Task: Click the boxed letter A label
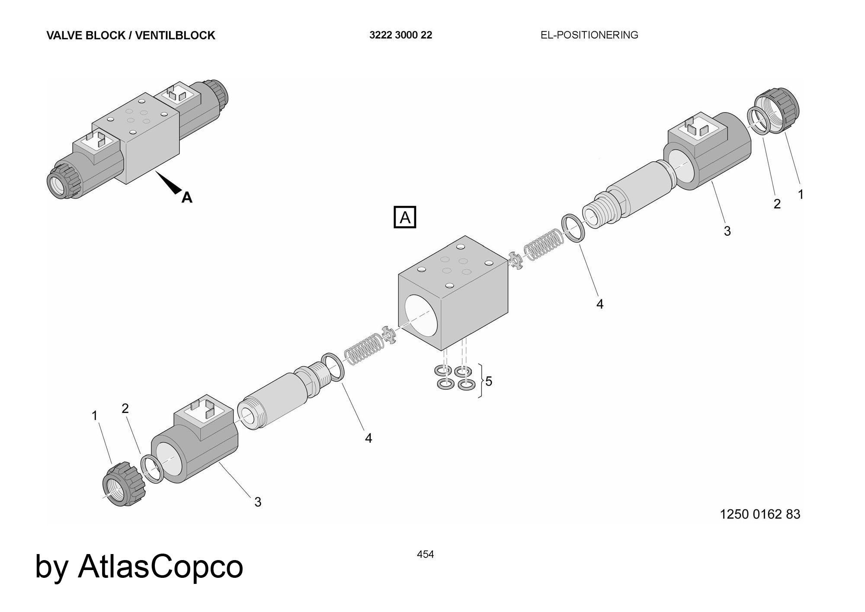pyautogui.click(x=405, y=217)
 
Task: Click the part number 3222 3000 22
pyautogui.click(x=400, y=35)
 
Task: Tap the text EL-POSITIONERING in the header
pyautogui.click(x=589, y=35)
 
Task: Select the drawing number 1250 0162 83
pyautogui.click(x=760, y=514)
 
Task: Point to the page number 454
pyautogui.click(x=425, y=554)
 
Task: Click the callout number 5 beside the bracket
pyautogui.click(x=489, y=381)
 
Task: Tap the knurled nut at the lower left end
pyautogui.click(x=123, y=484)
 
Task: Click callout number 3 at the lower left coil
pyautogui.click(x=258, y=502)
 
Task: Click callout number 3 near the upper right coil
pyautogui.click(x=727, y=231)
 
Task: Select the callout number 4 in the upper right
pyautogui.click(x=599, y=304)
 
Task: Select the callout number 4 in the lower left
pyautogui.click(x=368, y=439)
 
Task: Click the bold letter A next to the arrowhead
pyautogui.click(x=187, y=198)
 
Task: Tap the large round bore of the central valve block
pyautogui.click(x=421, y=315)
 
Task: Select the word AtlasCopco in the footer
pyautogui.click(x=160, y=566)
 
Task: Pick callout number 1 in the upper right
pyautogui.click(x=801, y=195)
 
